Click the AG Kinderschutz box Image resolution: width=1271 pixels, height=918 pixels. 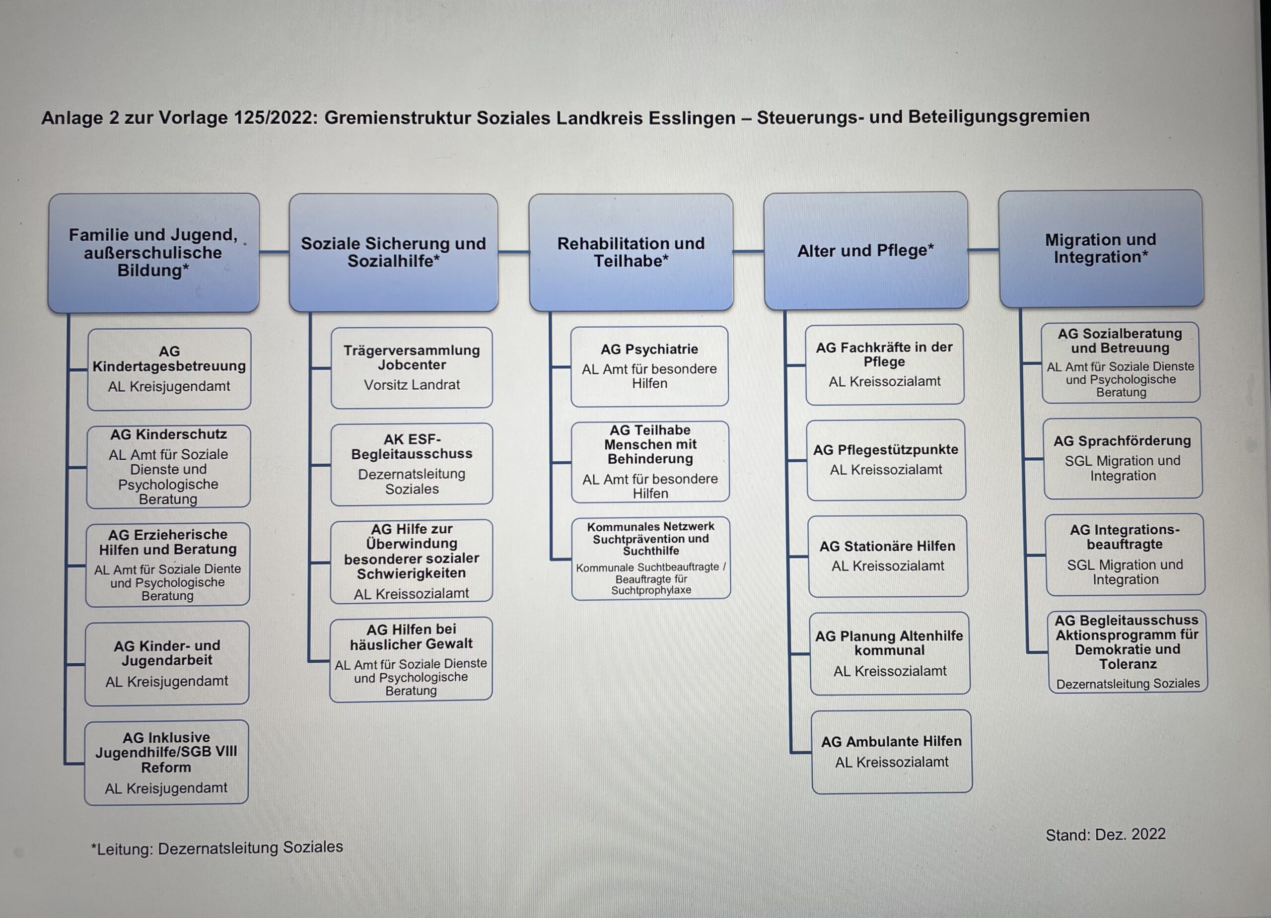click(168, 466)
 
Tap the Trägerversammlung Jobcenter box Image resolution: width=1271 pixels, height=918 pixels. click(412, 368)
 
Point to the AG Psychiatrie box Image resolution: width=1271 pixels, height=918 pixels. click(649, 366)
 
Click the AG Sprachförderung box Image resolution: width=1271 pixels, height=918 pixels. click(1123, 458)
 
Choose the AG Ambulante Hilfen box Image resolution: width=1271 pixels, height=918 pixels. click(892, 752)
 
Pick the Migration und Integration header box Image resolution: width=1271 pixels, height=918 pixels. click(1101, 249)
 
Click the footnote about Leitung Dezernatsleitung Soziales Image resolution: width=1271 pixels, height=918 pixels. click(217, 847)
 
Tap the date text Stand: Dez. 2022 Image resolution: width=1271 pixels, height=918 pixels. click(1105, 835)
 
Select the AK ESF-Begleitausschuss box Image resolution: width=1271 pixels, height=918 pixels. click(412, 464)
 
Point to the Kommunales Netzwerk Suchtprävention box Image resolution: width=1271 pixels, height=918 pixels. click(650, 558)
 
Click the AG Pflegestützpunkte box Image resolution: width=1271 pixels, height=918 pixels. click(886, 460)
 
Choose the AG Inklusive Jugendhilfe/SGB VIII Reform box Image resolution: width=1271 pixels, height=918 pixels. click(166, 762)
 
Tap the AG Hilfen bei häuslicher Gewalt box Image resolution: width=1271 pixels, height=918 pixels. click(411, 659)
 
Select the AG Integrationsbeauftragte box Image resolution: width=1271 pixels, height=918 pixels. click(1125, 554)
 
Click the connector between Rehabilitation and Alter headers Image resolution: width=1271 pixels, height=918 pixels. click(749, 251)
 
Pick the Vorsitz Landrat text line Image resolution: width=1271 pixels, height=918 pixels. click(412, 385)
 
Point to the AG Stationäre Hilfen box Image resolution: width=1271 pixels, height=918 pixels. click(888, 556)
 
